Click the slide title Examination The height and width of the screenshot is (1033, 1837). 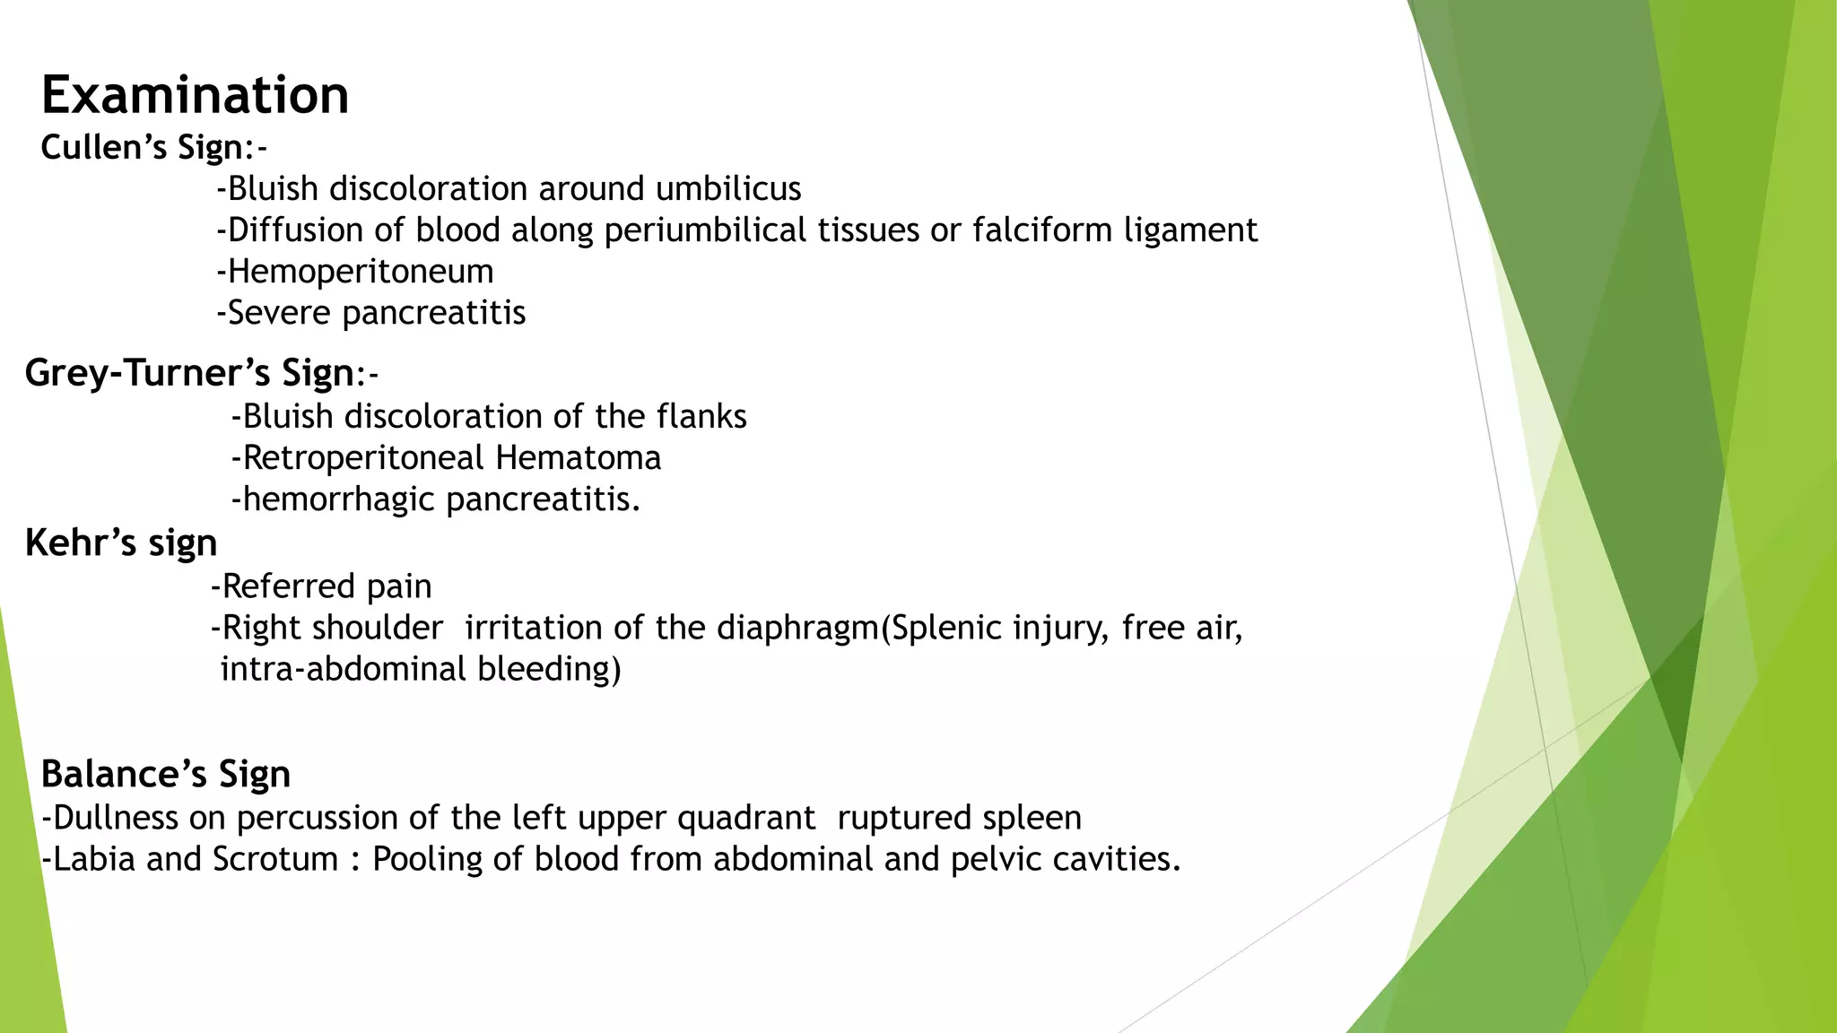tap(195, 95)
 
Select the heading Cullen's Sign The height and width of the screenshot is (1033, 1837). tap(142, 147)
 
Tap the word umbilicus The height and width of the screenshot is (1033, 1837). tap(728, 189)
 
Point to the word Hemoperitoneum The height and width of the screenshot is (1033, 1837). tap(360, 272)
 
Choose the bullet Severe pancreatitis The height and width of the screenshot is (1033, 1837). tap(371, 313)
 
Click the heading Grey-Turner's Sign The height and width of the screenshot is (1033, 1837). tap(189, 373)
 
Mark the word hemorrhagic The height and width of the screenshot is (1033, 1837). tap(338, 499)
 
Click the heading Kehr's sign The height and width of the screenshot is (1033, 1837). tap(121, 543)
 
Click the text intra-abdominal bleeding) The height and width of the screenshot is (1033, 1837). tap(420, 669)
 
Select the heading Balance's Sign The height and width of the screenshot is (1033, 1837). tap(166, 774)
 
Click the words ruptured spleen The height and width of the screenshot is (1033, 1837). tap(959, 818)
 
